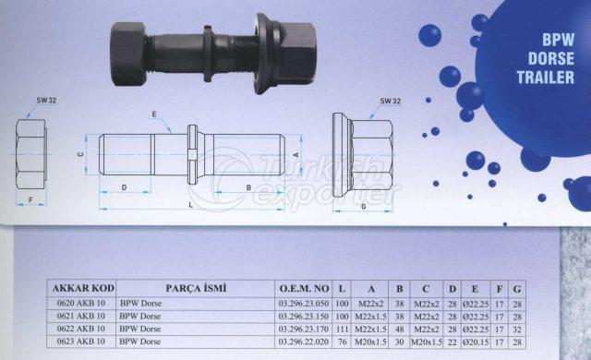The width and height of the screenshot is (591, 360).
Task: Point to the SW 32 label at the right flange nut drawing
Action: coord(390,101)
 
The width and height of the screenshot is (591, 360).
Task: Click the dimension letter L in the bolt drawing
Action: coord(191,205)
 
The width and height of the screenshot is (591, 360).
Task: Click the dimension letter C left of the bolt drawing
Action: coord(80,154)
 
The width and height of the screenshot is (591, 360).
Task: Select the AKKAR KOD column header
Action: coord(82,288)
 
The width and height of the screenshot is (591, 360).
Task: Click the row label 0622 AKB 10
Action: coord(82,329)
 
